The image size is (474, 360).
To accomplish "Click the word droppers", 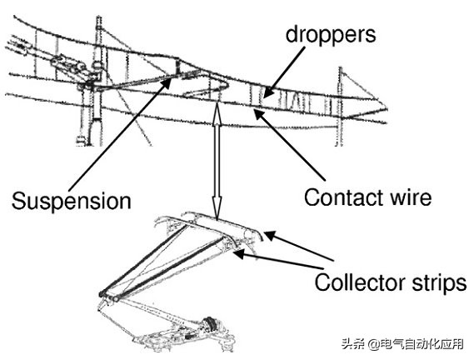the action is (331, 34).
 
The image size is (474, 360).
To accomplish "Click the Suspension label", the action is (72, 201).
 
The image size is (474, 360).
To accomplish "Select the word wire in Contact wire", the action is (412, 197).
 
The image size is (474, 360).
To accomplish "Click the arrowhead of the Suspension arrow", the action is (167, 82).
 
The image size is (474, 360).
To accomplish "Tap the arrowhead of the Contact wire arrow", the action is (259, 114).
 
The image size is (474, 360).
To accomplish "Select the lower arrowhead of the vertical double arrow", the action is (217, 209).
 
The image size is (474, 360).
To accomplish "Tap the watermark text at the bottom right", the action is (402, 344).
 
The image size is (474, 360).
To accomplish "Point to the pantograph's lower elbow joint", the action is (109, 296).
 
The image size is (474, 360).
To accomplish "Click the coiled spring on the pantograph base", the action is (210, 323).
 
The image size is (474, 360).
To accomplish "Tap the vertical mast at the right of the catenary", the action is (341, 107).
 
